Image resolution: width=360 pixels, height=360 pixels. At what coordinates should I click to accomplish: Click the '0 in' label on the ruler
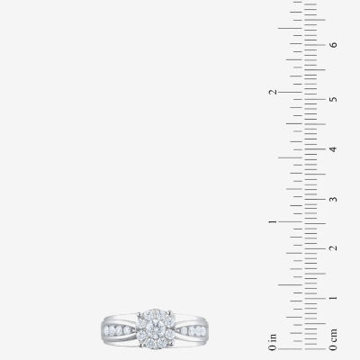click(273, 342)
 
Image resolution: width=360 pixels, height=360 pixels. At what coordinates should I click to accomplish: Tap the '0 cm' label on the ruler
click(333, 339)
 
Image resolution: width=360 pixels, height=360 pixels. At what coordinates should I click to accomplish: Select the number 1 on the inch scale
click(273, 221)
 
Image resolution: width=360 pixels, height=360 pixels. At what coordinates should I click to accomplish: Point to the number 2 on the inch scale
click(273, 92)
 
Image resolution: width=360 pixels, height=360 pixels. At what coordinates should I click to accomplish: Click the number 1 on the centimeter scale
click(333, 298)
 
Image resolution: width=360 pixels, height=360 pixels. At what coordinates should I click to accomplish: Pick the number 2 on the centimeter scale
click(333, 248)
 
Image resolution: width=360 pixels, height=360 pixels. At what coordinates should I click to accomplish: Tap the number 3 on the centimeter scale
click(333, 199)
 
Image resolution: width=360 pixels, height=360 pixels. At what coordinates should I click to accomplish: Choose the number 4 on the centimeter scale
click(333, 149)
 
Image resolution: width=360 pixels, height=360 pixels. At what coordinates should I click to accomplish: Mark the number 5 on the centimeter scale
click(333, 99)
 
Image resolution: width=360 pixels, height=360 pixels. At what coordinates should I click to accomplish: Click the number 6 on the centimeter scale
click(333, 45)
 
